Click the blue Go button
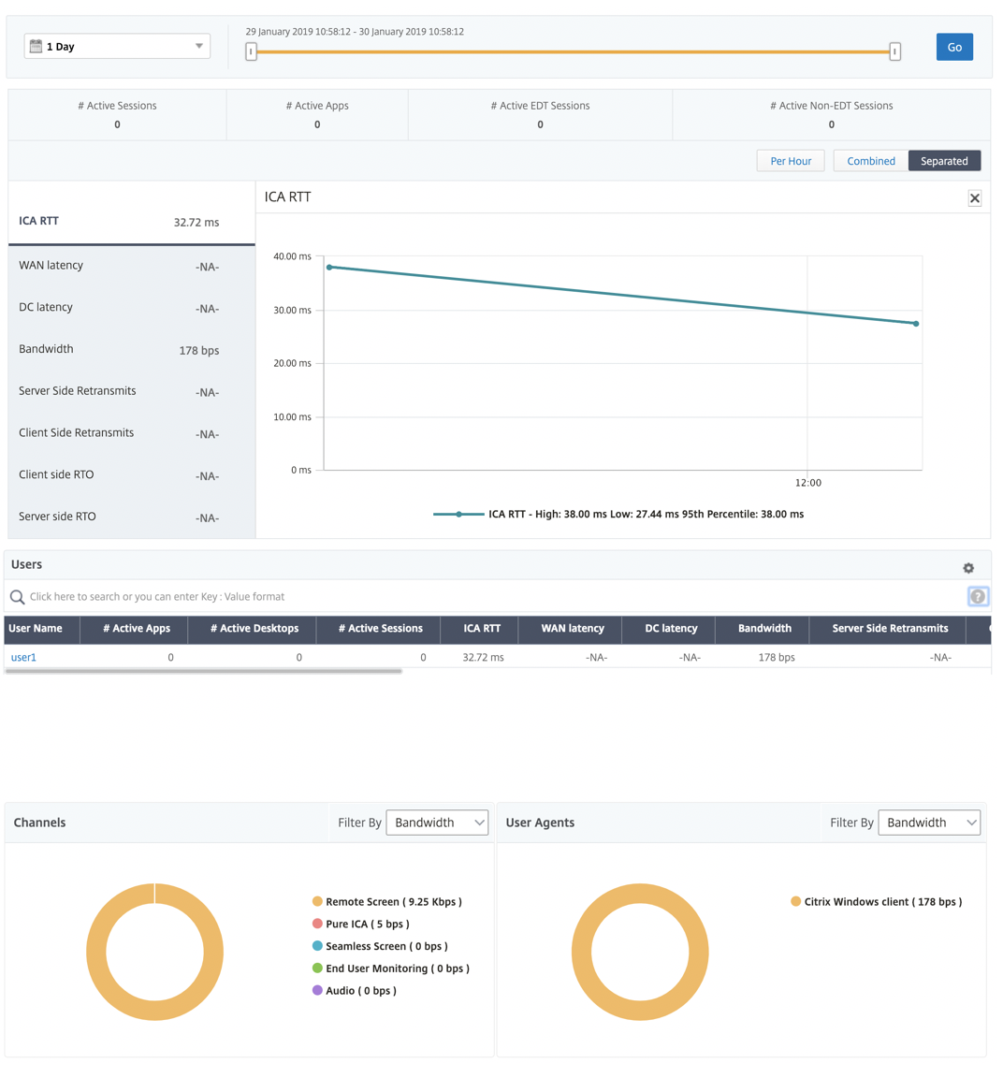click(x=954, y=47)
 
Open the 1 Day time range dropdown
click(x=117, y=46)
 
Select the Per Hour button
click(x=791, y=161)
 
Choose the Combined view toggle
click(x=871, y=161)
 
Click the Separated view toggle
click(x=944, y=161)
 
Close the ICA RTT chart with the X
click(x=975, y=198)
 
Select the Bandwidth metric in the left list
click(x=119, y=349)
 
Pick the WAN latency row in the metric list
click(x=119, y=266)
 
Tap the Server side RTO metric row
click(x=119, y=517)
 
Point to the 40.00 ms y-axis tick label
click(x=292, y=256)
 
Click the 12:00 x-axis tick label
click(x=807, y=483)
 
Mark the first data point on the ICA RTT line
click(x=329, y=267)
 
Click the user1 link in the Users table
click(x=23, y=657)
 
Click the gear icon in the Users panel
click(x=968, y=568)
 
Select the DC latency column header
click(x=671, y=629)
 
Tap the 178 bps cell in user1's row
click(x=777, y=657)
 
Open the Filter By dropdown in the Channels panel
click(x=437, y=823)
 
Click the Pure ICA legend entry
click(x=361, y=924)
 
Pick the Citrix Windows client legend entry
click(x=877, y=901)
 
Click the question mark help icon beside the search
click(x=978, y=597)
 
